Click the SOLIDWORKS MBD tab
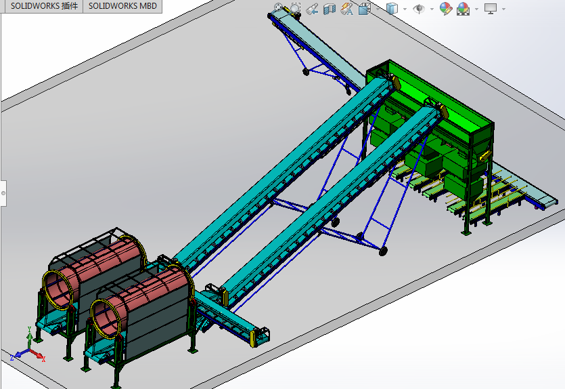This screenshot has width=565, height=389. click(x=122, y=5)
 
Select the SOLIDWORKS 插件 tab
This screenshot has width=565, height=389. click(x=44, y=5)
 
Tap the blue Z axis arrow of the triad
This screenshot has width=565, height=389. click(x=14, y=355)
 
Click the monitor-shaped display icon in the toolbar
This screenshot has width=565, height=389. click(x=491, y=9)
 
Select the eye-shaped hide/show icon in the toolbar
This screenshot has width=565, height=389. click(x=419, y=9)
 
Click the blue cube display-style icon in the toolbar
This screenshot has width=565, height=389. click(x=392, y=9)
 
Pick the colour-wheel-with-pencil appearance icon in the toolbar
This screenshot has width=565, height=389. click(x=445, y=9)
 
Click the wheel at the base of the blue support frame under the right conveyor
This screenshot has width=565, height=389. click(x=383, y=251)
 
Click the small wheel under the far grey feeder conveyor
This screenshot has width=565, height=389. click(x=306, y=70)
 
